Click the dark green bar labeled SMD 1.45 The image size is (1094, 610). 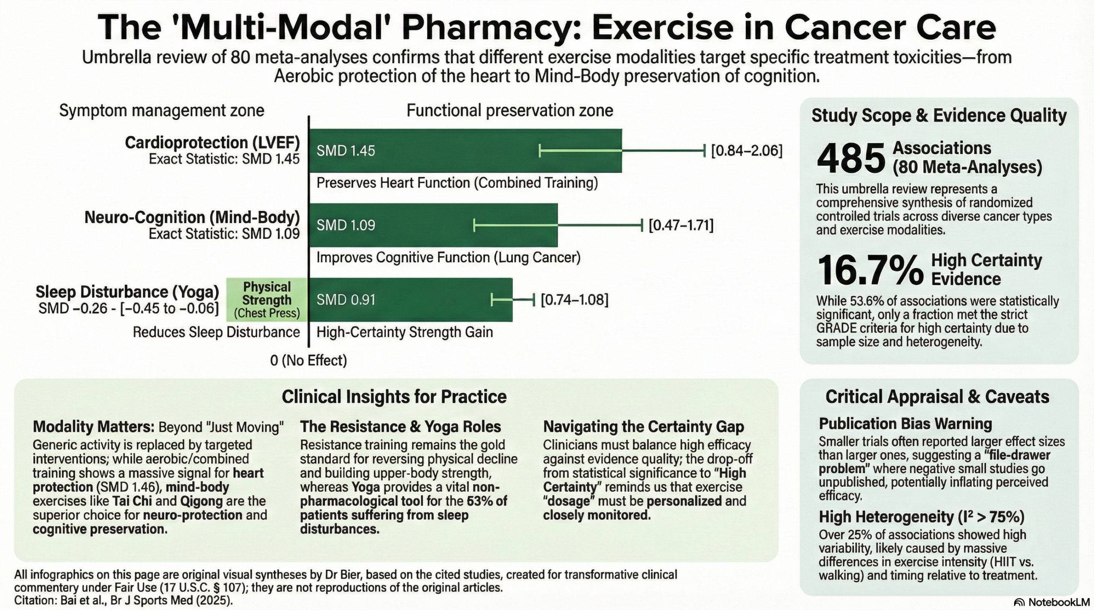click(465, 151)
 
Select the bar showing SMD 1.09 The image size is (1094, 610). click(433, 225)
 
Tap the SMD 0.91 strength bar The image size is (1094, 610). click(411, 300)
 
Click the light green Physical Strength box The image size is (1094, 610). click(267, 300)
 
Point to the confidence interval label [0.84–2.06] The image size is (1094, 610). click(747, 151)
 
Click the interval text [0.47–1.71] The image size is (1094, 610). click(681, 225)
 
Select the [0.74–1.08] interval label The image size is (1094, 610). click(574, 300)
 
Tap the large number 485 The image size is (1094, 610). click(851, 158)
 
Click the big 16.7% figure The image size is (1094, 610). click(870, 270)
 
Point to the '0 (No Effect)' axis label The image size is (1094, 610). click(309, 361)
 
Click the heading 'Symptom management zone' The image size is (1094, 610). click(162, 111)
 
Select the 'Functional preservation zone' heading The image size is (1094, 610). click(510, 111)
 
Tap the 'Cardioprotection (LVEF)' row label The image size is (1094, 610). click(212, 143)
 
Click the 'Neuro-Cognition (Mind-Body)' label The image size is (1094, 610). click(192, 217)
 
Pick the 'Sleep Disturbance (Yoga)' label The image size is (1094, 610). click(127, 292)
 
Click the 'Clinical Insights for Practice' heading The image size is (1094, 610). click(394, 397)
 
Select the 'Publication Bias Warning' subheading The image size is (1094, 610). click(905, 424)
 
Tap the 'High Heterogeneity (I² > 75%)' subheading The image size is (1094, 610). click(922, 517)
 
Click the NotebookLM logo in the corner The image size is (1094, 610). click(1051, 602)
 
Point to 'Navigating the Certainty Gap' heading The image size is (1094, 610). click(644, 427)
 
